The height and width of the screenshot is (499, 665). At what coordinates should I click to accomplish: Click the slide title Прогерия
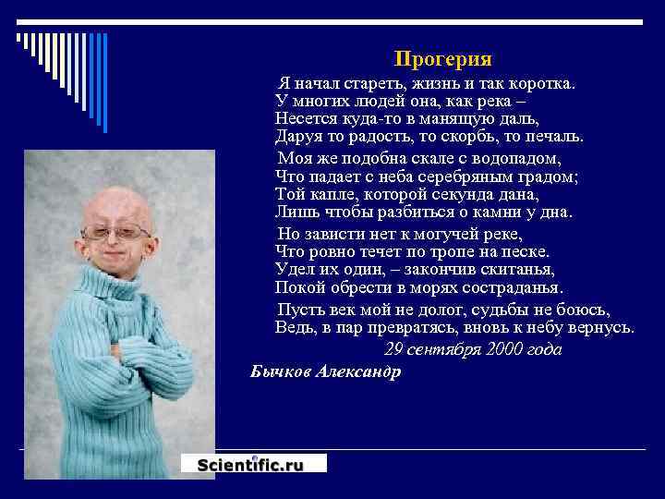click(442, 59)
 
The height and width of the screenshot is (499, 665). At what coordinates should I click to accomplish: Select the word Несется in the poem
click(305, 118)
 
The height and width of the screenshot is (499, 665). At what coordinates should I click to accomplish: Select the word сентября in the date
click(443, 350)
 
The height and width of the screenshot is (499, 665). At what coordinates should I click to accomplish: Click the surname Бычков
click(280, 371)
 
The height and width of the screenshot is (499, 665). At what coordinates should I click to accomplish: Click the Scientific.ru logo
click(252, 465)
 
